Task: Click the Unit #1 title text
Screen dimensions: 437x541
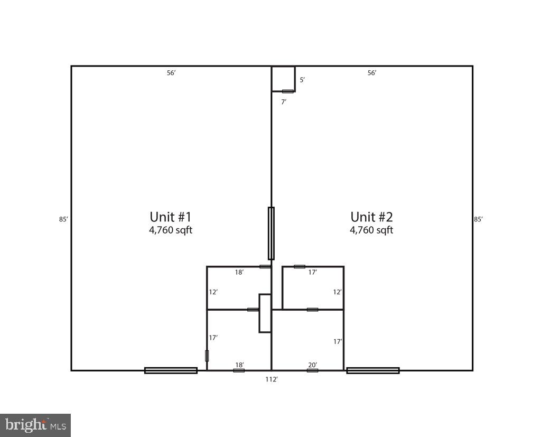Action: [x=170, y=217]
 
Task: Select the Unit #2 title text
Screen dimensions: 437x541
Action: [x=371, y=217]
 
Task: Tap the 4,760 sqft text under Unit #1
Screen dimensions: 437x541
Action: [x=170, y=230]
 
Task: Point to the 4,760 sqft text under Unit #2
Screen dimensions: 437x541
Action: [x=371, y=230]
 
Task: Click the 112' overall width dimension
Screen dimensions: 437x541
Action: [x=272, y=379]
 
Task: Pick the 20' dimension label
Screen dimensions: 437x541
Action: [x=313, y=365]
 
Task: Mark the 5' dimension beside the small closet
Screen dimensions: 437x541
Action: [x=302, y=80]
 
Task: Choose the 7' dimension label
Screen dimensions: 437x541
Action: [x=284, y=102]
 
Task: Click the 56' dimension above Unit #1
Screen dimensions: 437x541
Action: [x=171, y=73]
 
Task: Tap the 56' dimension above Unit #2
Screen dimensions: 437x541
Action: [x=372, y=73]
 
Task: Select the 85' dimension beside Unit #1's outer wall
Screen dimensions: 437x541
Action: [x=63, y=219]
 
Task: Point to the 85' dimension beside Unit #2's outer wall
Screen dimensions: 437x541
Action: [x=478, y=219]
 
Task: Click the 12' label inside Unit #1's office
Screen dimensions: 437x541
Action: [x=213, y=292]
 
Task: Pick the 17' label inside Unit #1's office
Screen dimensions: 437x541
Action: [x=213, y=337]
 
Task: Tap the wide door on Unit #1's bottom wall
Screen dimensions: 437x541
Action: [x=171, y=370]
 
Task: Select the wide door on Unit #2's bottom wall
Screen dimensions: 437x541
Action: [x=372, y=370]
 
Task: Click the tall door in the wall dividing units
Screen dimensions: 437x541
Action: [x=271, y=233]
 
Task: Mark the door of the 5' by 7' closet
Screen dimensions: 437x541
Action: [x=287, y=91]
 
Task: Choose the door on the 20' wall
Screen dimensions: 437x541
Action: [x=313, y=370]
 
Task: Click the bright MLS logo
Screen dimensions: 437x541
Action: [x=35, y=424]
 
